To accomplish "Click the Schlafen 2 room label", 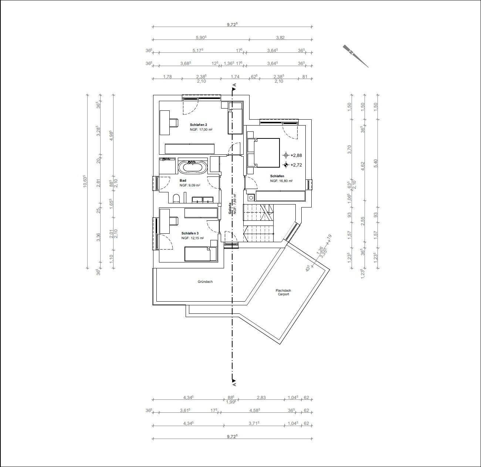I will pyautogui.click(x=199, y=124).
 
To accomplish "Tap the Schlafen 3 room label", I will pyautogui.click(x=190, y=233).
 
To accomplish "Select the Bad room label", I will pyautogui.click(x=183, y=181).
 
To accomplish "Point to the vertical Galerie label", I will pyautogui.click(x=230, y=209).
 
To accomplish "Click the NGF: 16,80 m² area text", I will pyautogui.click(x=281, y=181).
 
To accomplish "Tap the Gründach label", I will pyautogui.click(x=205, y=282).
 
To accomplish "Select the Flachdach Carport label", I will pyautogui.click(x=283, y=292).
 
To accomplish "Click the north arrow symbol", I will pyautogui.click(x=355, y=56).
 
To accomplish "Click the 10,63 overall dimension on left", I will pyautogui.click(x=85, y=181).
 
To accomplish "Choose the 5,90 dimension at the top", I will pyautogui.click(x=201, y=37).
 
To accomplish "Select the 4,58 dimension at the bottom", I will pyautogui.click(x=254, y=410).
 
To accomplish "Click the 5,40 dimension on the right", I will pyautogui.click(x=376, y=162).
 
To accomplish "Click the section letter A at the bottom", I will pyautogui.click(x=234, y=384).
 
